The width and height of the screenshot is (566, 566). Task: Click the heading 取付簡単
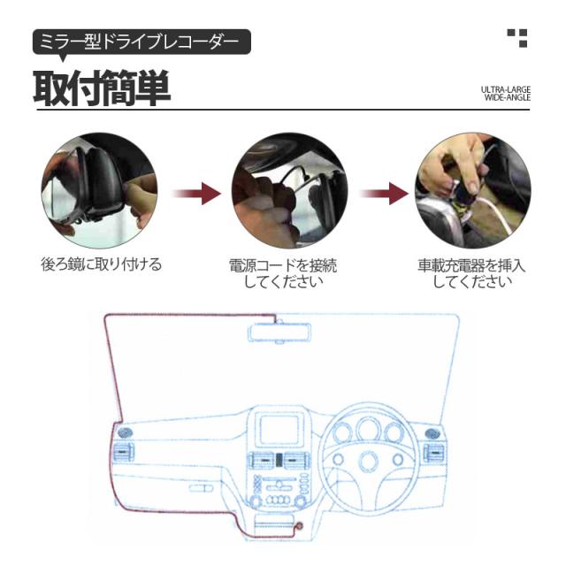click(x=102, y=88)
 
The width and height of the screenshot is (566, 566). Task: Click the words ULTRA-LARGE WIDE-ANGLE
click(x=505, y=94)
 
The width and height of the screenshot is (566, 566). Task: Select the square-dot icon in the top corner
click(x=516, y=37)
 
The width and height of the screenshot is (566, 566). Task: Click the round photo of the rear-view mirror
click(x=99, y=190)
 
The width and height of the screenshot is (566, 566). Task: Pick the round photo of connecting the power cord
click(x=284, y=192)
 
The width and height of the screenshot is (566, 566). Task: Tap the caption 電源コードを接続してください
click(x=283, y=273)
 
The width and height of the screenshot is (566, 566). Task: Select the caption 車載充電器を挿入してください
click(x=471, y=273)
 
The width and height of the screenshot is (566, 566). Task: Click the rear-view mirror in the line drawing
click(x=279, y=333)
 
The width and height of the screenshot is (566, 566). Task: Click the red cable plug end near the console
click(x=298, y=528)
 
